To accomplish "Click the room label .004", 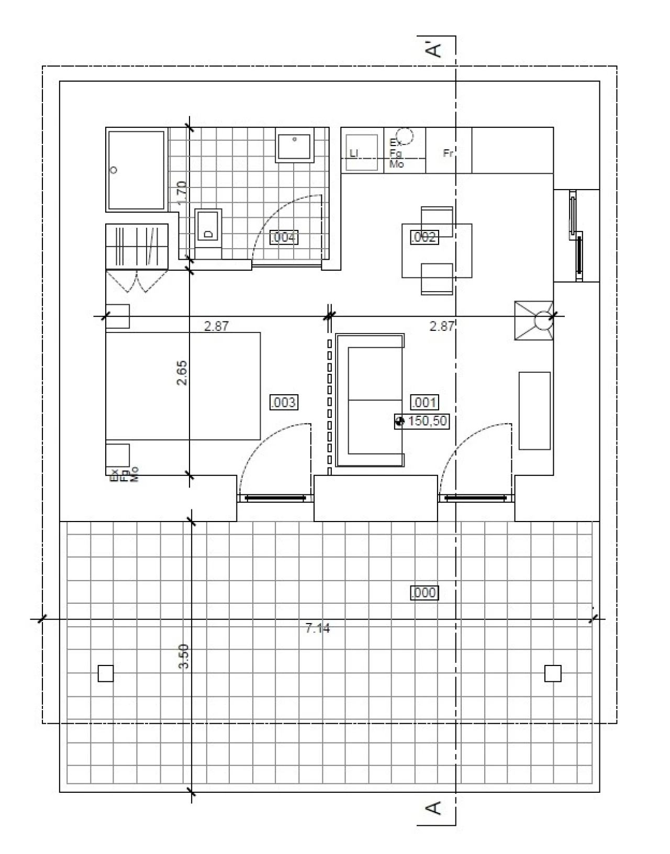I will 284,238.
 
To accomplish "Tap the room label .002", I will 423,237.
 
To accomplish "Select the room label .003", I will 283,403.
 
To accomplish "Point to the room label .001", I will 424,403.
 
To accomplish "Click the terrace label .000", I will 423,593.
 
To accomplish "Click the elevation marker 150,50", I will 422,421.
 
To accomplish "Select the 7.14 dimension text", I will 318,628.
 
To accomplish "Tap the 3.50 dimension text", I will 183,656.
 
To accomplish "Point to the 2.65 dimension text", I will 182,373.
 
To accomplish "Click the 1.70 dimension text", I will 182,193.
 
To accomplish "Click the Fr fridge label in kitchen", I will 448,153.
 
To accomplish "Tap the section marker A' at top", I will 434,49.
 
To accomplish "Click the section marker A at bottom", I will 434,808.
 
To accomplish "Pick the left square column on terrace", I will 106,673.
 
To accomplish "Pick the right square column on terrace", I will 553,673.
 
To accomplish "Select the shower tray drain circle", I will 114,170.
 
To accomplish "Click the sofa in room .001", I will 370,401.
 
